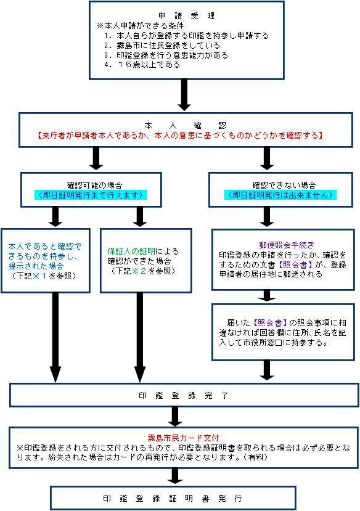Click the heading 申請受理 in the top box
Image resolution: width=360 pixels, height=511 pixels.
coord(186,15)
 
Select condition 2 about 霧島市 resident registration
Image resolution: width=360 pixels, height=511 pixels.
coord(162,45)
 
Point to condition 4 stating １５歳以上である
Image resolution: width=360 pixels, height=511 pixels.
coord(142,65)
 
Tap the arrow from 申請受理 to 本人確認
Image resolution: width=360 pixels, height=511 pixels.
coord(184,95)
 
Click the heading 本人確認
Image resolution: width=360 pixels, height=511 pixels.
coord(185,126)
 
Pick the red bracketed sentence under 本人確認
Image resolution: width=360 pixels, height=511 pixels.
coord(180,136)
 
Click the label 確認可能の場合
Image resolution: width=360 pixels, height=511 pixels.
coord(94,186)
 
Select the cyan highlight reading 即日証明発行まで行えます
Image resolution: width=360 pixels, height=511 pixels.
coord(91,195)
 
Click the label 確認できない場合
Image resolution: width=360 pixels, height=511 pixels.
coord(284,186)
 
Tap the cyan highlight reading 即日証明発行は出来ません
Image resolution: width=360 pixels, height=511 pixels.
coord(280,195)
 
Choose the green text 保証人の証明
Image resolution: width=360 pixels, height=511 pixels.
coord(132,251)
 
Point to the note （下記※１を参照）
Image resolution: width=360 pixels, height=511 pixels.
coord(44,276)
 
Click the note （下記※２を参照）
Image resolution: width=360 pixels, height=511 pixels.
coord(143,271)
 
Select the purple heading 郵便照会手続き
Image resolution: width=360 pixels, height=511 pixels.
coord(287,245)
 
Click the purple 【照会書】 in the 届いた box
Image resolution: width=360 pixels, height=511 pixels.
coord(270,322)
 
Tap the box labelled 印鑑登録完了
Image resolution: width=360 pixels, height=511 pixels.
coord(184,395)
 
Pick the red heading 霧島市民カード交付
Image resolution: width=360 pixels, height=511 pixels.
coord(183,438)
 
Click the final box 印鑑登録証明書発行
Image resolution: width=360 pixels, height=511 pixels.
coord(173,498)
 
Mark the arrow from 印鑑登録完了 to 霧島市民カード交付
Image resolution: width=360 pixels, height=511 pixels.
coord(175,417)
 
